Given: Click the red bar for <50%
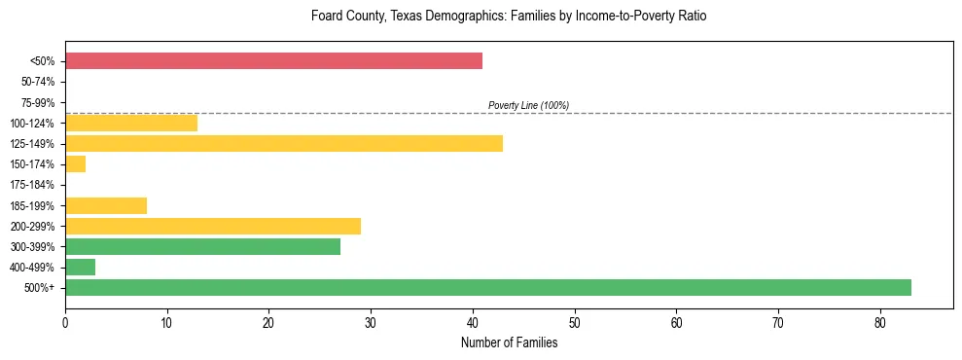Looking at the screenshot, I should [273, 61].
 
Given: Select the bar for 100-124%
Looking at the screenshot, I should [131, 123].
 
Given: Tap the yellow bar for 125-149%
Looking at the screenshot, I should [284, 144].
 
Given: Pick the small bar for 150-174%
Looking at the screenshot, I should [76, 164].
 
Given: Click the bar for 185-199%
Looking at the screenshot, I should [106, 205].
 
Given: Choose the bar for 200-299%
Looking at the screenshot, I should [213, 226].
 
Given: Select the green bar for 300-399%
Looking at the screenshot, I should [202, 246].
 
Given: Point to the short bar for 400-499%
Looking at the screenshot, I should [81, 268].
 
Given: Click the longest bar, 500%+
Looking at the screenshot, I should [488, 288].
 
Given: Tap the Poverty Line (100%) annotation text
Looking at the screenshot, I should [528, 105].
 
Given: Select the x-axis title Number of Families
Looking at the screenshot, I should [509, 343].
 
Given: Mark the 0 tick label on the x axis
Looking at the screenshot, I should [65, 322].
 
